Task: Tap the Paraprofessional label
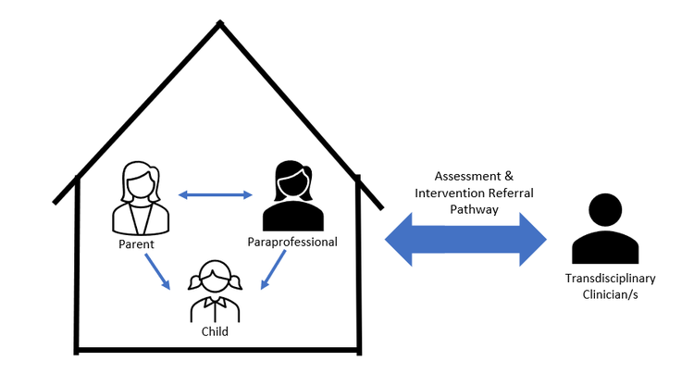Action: (x=292, y=243)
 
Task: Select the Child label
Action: (x=215, y=330)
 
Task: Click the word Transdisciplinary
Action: (x=610, y=278)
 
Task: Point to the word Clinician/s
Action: (x=610, y=293)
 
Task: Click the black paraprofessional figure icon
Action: (x=292, y=195)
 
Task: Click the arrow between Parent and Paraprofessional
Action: (x=215, y=194)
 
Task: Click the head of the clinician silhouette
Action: (x=606, y=210)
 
